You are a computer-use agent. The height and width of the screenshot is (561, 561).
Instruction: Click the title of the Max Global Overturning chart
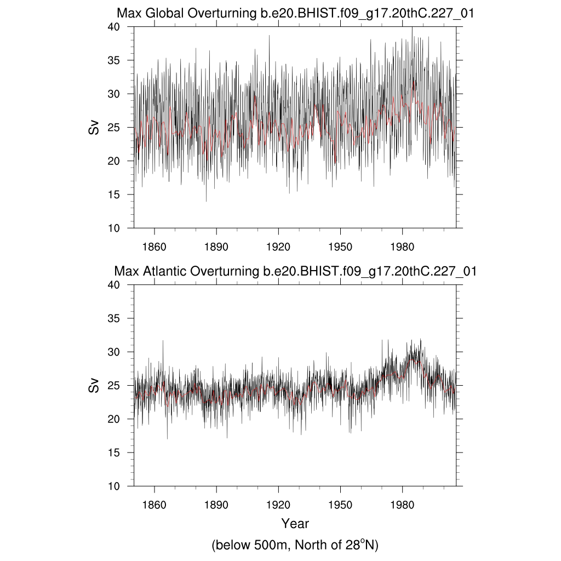tap(295, 14)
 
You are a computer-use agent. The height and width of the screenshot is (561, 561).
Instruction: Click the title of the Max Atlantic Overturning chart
tap(295, 271)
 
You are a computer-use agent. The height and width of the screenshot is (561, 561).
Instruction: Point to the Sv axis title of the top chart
tap(94, 127)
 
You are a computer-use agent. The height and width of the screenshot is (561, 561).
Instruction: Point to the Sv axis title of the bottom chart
tap(94, 385)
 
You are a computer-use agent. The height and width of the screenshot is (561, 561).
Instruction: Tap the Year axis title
tap(295, 523)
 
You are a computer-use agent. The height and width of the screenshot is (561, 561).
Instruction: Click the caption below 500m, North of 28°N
tap(295, 545)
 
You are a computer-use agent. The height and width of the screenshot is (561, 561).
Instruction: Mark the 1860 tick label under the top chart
tap(154, 246)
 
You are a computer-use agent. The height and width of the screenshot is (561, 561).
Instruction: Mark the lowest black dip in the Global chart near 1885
tap(207, 201)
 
